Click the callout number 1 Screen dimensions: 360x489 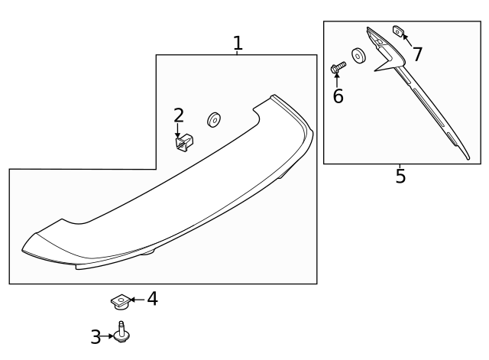pos(238,43)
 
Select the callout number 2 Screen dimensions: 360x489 pos(179,115)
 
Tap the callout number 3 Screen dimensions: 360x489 pos(96,336)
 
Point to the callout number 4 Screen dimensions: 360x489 pos(152,299)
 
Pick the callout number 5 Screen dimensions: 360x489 pos(400,177)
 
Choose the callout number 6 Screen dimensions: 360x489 pos(338,96)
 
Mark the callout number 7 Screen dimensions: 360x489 pos(417,54)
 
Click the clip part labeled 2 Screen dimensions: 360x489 pos(184,143)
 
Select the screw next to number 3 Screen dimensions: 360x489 pos(121,334)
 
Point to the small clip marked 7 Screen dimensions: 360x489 pos(398,31)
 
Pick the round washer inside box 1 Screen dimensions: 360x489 pos(213,119)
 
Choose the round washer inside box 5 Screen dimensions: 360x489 pos(358,57)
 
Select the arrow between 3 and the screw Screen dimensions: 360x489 pos(108,336)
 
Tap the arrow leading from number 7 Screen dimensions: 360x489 pos(407,40)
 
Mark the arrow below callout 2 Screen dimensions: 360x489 pos(178,131)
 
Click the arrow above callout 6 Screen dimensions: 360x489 pos(337,80)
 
